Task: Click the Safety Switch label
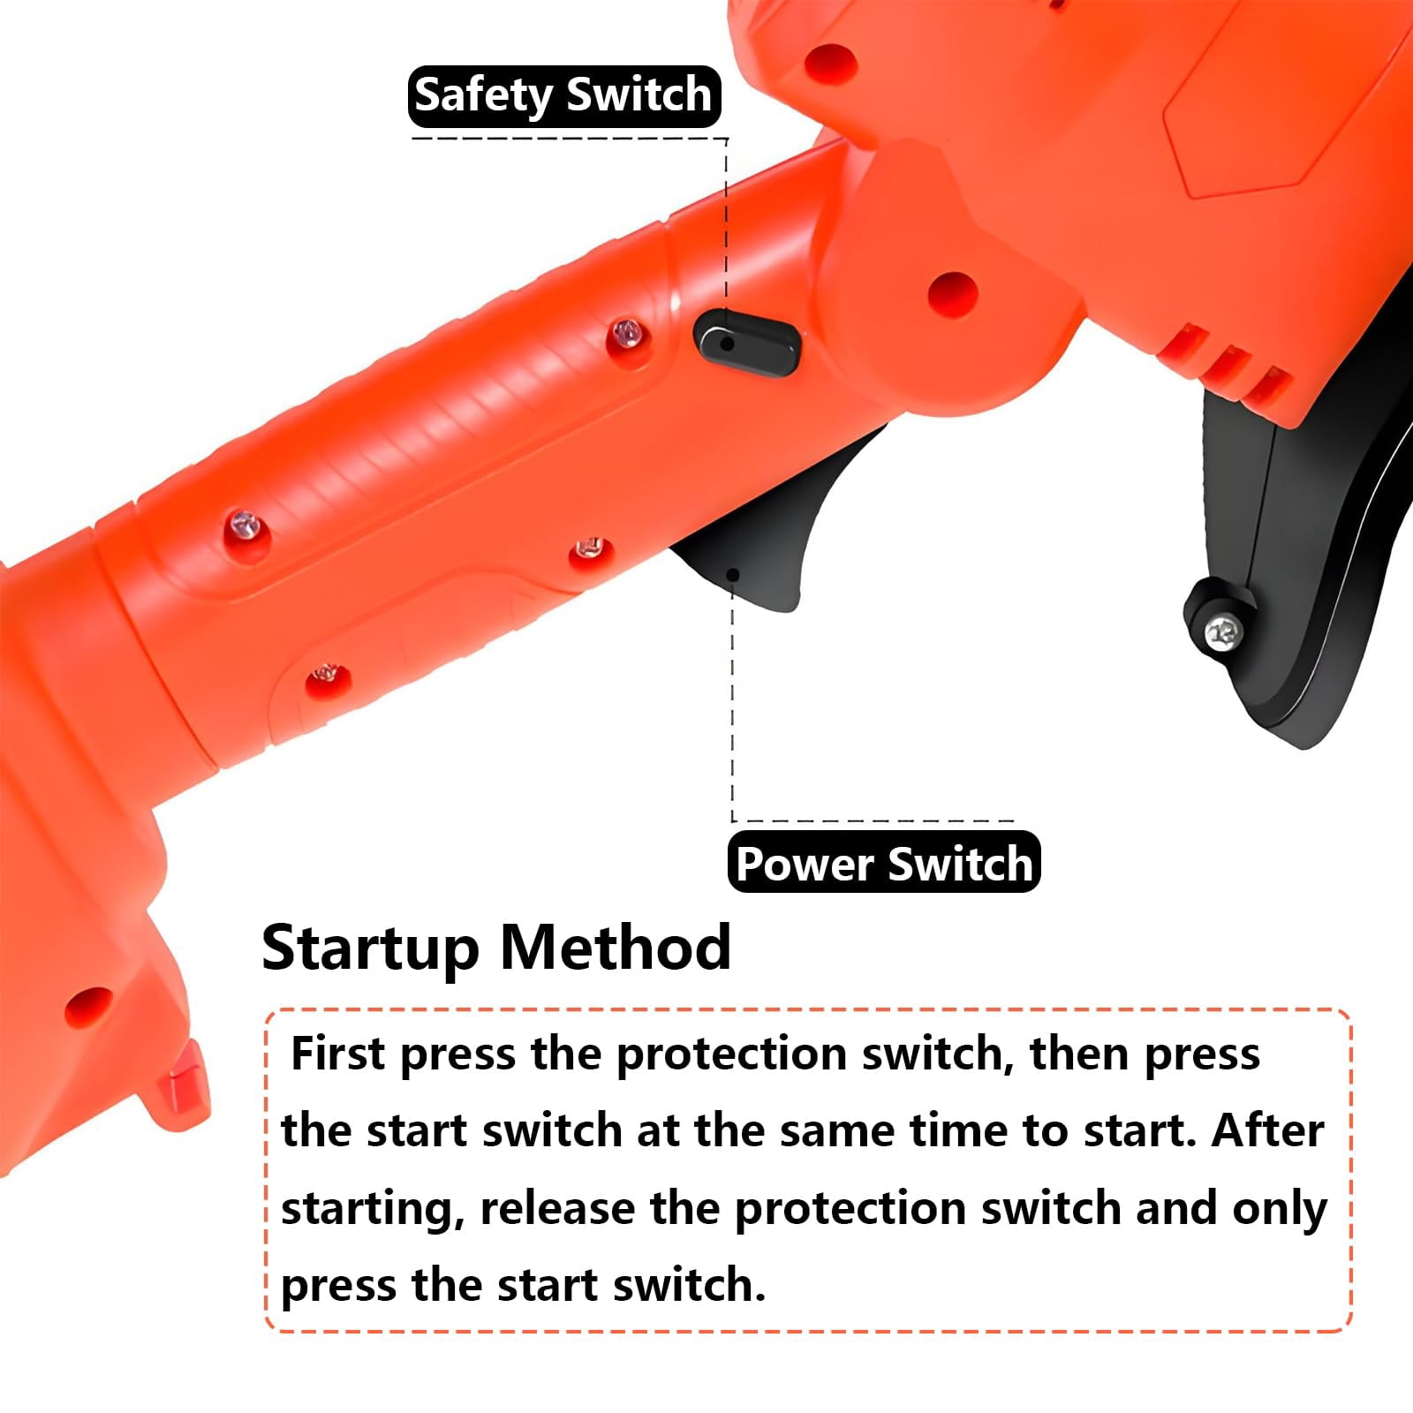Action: point(564,96)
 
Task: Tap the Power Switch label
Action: point(884,863)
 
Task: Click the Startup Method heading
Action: point(496,948)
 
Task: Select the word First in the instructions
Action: point(338,1054)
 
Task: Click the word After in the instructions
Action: point(1267,1130)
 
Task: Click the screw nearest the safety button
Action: point(629,333)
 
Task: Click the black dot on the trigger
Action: point(732,575)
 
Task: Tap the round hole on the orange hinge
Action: point(954,290)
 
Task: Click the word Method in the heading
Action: point(616,948)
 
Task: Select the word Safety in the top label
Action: point(485,96)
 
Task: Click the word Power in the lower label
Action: point(805,863)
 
